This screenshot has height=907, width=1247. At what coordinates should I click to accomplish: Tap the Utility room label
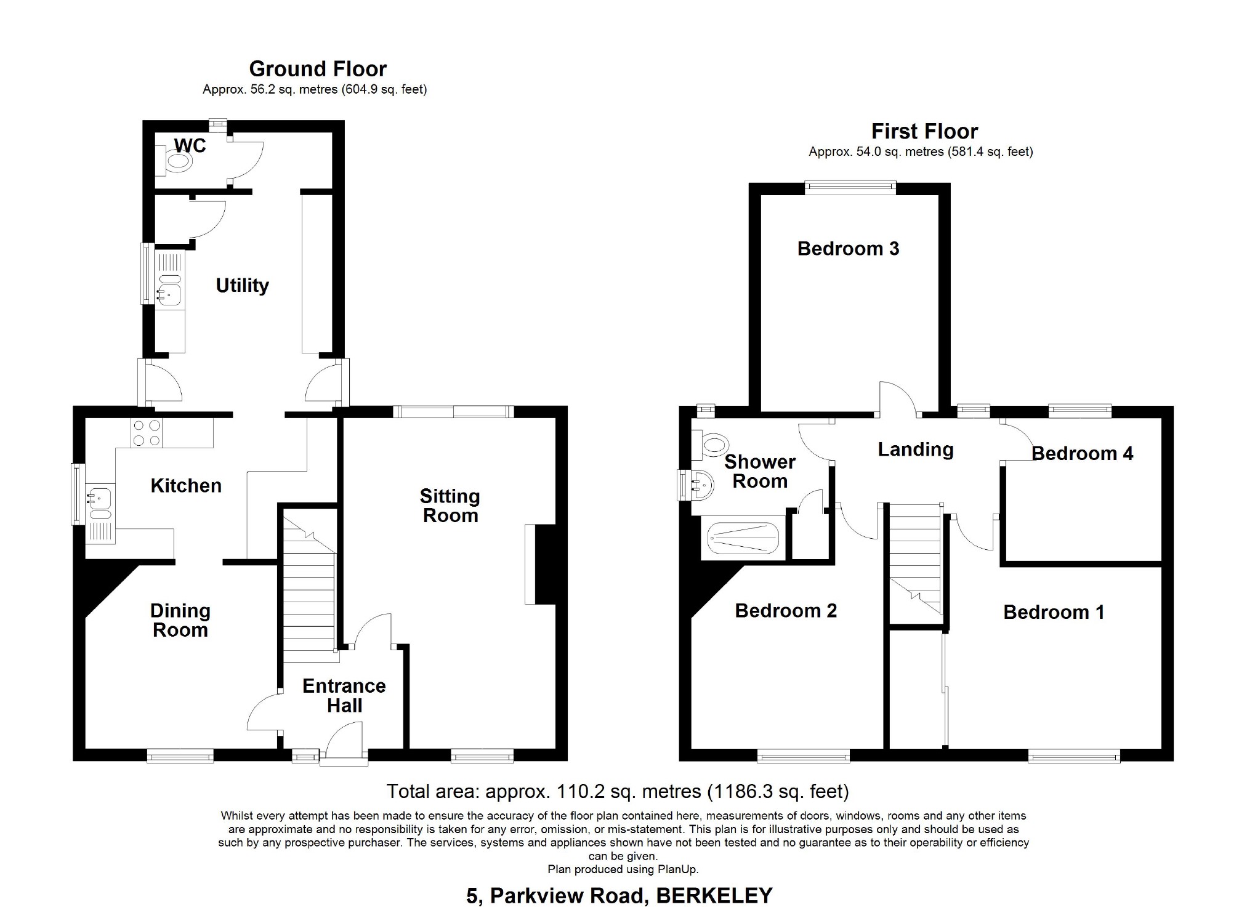click(242, 285)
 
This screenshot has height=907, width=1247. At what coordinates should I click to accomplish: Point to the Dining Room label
click(180, 620)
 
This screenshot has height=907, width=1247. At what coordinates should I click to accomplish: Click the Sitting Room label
click(450, 506)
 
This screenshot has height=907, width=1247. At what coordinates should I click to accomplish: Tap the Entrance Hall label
click(344, 695)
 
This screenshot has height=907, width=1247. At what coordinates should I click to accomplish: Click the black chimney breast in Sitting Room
click(545, 563)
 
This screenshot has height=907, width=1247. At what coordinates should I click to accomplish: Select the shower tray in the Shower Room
click(743, 538)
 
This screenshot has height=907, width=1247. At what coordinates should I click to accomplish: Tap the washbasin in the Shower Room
click(701, 485)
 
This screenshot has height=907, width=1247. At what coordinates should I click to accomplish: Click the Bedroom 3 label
click(848, 248)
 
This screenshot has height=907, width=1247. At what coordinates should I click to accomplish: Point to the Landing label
click(915, 449)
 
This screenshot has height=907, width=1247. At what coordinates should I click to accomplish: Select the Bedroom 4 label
click(1082, 454)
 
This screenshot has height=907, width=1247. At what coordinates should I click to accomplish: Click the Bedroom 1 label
click(1054, 612)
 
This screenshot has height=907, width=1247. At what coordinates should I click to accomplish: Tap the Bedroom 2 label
click(786, 610)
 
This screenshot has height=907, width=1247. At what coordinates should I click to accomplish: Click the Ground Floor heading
click(318, 68)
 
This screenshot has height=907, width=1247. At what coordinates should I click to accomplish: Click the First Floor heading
click(924, 131)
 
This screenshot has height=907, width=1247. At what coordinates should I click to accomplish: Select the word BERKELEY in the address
click(714, 895)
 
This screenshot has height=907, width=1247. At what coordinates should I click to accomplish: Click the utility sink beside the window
click(168, 296)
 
